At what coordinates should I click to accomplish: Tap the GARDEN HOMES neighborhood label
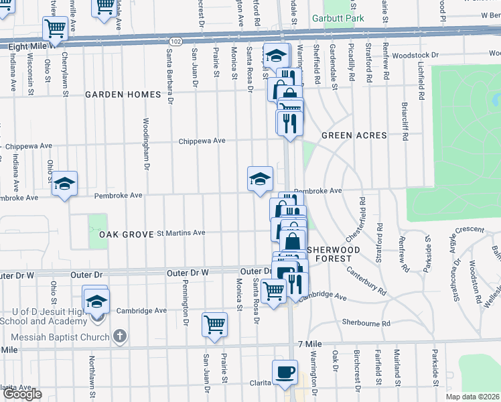(x=123, y=94)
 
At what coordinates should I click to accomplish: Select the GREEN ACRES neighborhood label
(x=354, y=135)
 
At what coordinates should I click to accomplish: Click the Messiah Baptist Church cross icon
(x=119, y=336)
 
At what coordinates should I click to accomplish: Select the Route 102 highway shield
(x=175, y=42)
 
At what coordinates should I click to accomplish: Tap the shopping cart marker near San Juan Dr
(x=214, y=324)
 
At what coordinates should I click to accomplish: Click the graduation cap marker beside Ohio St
(x=64, y=183)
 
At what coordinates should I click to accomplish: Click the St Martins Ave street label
(x=181, y=233)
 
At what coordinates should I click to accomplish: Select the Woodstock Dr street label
(x=415, y=55)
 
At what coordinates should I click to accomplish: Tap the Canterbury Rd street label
(x=367, y=281)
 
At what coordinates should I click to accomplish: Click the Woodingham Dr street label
(x=146, y=144)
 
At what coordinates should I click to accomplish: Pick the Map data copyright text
(x=473, y=396)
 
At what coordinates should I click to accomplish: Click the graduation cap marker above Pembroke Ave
(x=260, y=178)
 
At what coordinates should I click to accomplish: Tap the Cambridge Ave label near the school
(x=141, y=311)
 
